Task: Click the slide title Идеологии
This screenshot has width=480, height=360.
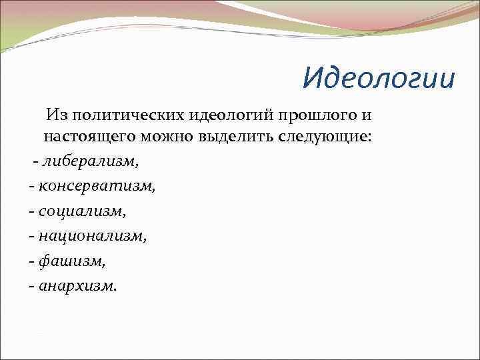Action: point(378,77)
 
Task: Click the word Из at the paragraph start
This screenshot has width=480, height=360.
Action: point(56,115)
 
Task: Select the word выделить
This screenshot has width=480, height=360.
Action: point(239,138)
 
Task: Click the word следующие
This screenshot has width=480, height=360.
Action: point(317,138)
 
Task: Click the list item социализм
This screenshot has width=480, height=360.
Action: point(81,211)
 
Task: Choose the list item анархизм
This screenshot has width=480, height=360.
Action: point(77,285)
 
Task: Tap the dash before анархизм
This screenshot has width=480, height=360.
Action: point(32,287)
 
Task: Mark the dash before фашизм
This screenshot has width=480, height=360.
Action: point(32,262)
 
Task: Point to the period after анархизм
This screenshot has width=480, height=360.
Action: point(115,289)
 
